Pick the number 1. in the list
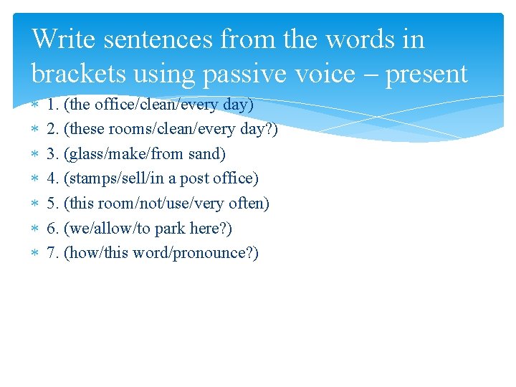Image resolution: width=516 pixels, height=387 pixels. (x=53, y=105)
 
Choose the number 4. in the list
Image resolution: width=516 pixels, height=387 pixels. (x=53, y=178)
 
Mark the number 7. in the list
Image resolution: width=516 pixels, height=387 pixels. (x=53, y=253)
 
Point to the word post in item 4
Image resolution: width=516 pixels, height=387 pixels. (x=195, y=179)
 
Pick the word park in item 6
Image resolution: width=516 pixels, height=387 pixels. (x=171, y=229)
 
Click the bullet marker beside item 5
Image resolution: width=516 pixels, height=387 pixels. (x=37, y=204)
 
